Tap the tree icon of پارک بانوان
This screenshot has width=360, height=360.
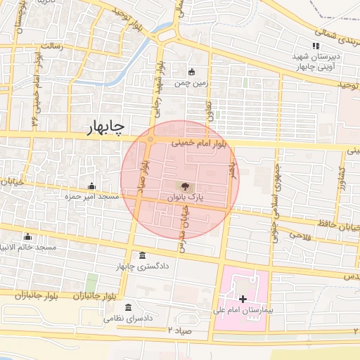tap(184, 186)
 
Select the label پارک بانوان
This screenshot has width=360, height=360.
tap(185, 198)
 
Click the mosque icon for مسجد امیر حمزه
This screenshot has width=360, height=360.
tap(91, 186)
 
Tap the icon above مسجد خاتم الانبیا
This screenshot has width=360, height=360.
tap(28, 237)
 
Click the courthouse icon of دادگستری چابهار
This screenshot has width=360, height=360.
tap(143, 255)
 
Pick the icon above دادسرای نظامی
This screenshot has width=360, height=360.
tap(127, 307)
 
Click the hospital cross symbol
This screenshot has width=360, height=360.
tap(243, 299)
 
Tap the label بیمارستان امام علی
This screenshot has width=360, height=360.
tap(244, 310)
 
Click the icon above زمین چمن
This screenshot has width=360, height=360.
tap(192, 72)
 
